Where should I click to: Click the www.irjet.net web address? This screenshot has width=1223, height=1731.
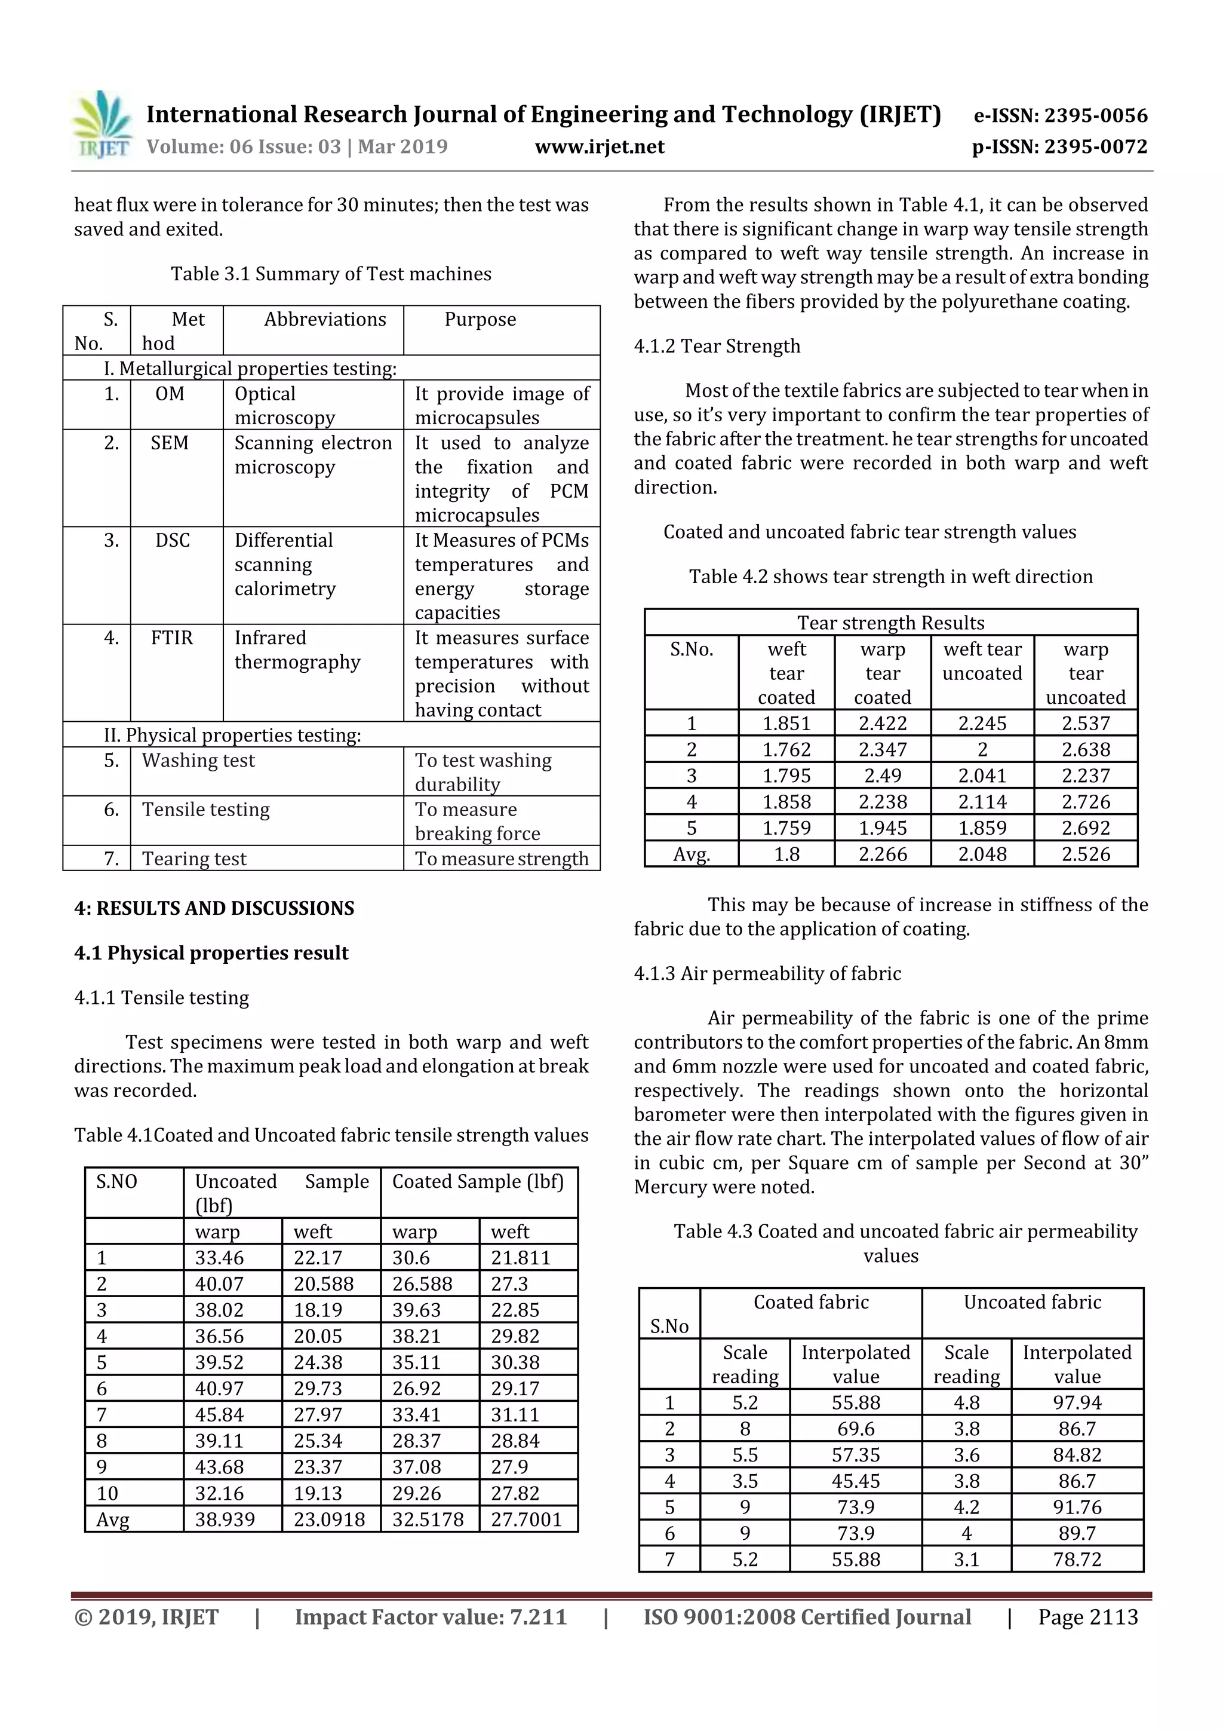(x=599, y=146)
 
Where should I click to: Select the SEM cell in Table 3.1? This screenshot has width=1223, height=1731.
(x=170, y=443)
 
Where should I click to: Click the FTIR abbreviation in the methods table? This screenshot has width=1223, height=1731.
(x=172, y=638)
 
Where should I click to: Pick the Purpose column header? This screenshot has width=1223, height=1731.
(x=480, y=319)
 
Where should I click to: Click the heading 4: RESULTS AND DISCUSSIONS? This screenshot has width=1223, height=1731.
(x=214, y=908)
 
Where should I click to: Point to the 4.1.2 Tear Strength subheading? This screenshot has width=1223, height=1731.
(x=717, y=346)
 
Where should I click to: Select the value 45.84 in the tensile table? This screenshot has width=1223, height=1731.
(x=219, y=1414)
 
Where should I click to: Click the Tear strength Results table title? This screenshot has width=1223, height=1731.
(x=891, y=623)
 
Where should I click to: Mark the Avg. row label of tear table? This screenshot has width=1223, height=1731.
(x=691, y=854)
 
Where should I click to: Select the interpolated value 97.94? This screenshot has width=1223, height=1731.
(x=1077, y=1402)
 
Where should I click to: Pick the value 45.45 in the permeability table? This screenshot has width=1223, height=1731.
(x=855, y=1481)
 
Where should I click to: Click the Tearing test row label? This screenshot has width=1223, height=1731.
(x=193, y=859)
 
